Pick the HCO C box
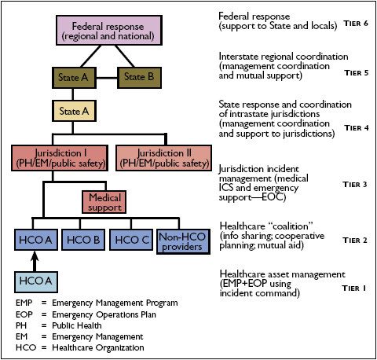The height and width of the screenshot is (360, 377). coord(132,239)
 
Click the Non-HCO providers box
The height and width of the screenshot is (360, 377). coord(181,239)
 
